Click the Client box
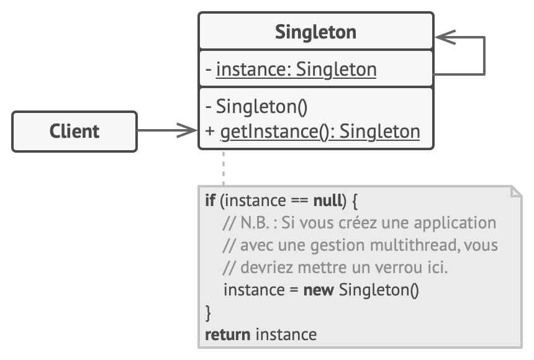pyautogui.click(x=75, y=132)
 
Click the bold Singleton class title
pyautogui.click(x=315, y=32)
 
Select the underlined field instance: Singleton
pyautogui.click(x=296, y=70)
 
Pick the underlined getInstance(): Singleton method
pyautogui.click(x=320, y=132)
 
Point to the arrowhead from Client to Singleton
pyautogui.click(x=187, y=131)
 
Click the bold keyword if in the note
pyautogui.click(x=210, y=201)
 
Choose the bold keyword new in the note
pyautogui.click(x=319, y=290)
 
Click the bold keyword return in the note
pyautogui.click(x=227, y=335)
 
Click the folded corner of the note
pyautogui.click(x=515, y=191)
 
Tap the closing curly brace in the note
pyautogui.click(x=208, y=312)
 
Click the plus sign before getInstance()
pyautogui.click(x=210, y=132)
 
